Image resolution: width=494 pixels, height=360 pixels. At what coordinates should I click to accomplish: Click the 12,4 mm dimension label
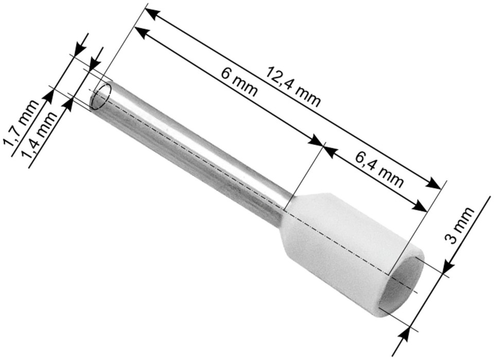pyautogui.click(x=293, y=85)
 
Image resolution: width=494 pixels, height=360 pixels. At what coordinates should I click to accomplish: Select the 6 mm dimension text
pyautogui.click(x=239, y=82)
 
